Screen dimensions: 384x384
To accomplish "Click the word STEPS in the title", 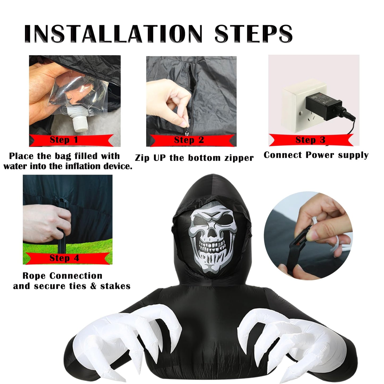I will [254, 34].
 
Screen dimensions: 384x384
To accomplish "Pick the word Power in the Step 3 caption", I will [320, 155].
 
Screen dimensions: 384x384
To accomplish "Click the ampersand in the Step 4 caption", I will [93, 286].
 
